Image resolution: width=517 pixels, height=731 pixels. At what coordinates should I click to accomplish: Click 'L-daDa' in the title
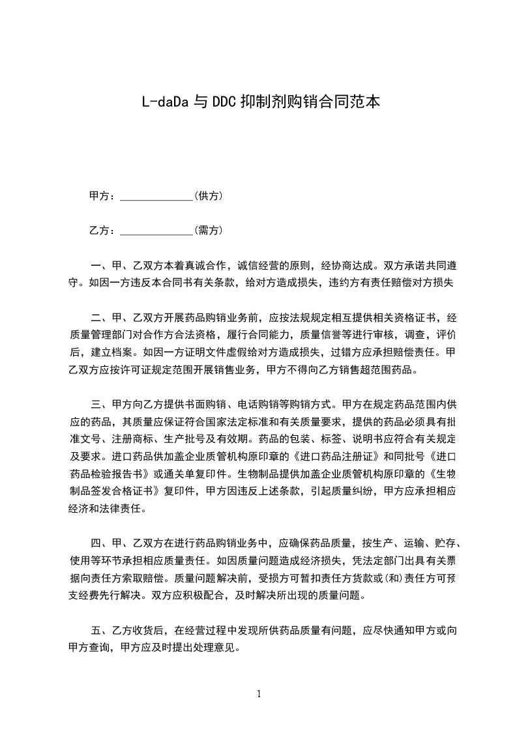(164, 102)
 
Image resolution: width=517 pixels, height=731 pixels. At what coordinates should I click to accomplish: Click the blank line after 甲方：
(156, 196)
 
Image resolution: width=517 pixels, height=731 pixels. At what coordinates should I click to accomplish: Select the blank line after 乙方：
(156, 231)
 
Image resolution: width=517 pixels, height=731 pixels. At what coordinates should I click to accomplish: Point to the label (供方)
(209, 196)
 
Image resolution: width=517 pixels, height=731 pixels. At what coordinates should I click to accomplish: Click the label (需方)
(209, 231)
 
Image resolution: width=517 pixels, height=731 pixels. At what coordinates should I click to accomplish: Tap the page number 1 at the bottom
(259, 694)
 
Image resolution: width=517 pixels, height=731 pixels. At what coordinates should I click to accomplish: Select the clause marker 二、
(100, 318)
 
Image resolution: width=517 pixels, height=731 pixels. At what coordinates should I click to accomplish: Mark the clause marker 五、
(100, 630)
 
